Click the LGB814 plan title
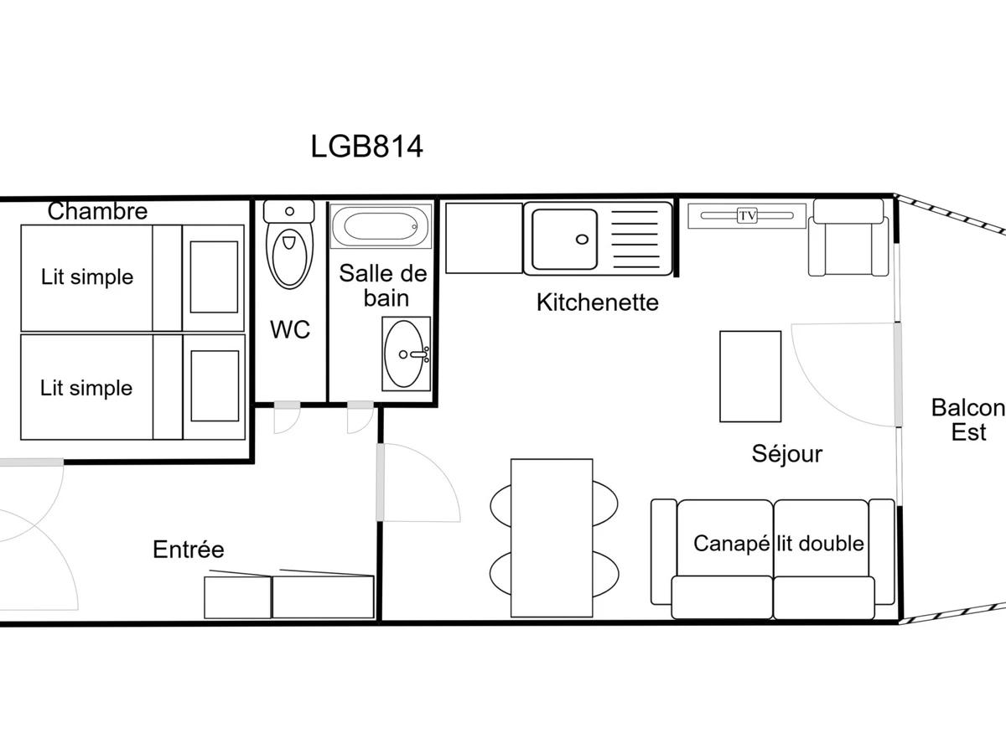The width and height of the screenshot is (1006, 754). (366, 147)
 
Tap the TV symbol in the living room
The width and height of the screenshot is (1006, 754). (747, 215)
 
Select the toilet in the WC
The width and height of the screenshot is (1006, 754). (289, 245)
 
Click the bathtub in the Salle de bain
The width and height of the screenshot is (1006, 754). (381, 226)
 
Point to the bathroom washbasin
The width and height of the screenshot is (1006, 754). (406, 354)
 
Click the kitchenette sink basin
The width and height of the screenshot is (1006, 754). (565, 239)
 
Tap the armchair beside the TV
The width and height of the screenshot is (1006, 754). (848, 238)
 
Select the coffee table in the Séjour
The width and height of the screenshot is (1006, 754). (750, 376)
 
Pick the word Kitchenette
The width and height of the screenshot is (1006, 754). (598, 302)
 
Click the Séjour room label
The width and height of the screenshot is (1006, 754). (787, 454)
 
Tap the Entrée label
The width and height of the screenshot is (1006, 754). (189, 549)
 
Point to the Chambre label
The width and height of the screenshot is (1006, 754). (97, 211)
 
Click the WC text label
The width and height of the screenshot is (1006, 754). (290, 329)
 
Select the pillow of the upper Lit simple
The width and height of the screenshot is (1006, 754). (214, 277)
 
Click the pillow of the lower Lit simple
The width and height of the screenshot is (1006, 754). (215, 386)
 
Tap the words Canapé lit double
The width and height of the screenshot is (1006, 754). (779, 544)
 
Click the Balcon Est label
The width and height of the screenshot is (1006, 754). (968, 420)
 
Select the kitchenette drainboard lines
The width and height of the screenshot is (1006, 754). (635, 239)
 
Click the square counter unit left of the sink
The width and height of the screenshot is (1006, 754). (484, 238)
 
